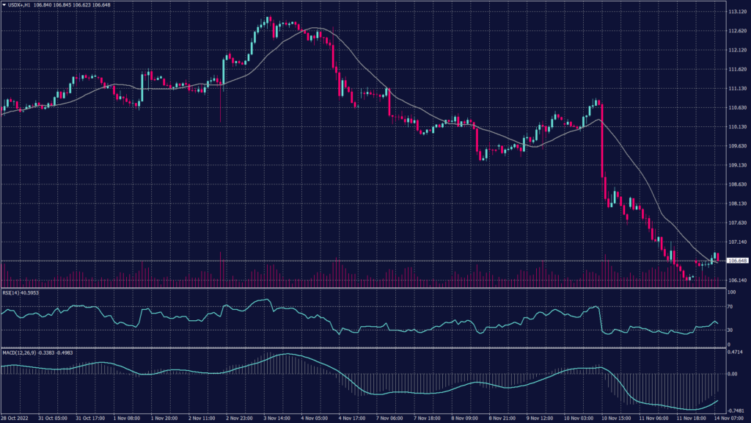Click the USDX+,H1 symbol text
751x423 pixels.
pyautogui.click(x=20, y=4)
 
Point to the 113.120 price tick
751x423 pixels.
pyautogui.click(x=736, y=12)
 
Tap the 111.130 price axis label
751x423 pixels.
pyautogui.click(x=736, y=89)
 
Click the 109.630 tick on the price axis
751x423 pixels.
pyautogui.click(x=736, y=146)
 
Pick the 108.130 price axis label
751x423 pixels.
pyautogui.click(x=736, y=203)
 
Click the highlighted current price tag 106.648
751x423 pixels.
pyautogui.click(x=736, y=261)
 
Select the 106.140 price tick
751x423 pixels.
pyautogui.click(x=736, y=280)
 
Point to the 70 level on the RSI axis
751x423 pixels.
pyautogui.click(x=730, y=307)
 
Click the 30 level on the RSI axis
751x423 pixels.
pyautogui.click(x=730, y=330)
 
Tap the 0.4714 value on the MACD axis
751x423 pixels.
pyautogui.click(x=735, y=352)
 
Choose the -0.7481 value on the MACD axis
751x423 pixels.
pyautogui.click(x=735, y=411)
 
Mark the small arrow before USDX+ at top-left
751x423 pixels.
pyautogui.click(x=4, y=4)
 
